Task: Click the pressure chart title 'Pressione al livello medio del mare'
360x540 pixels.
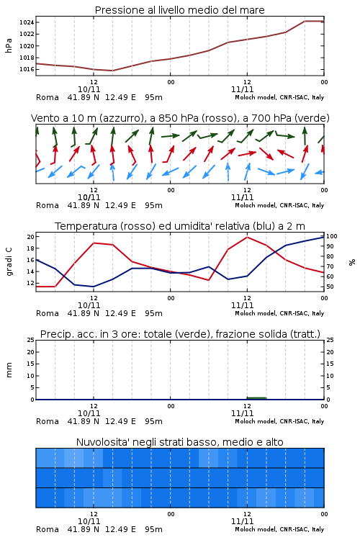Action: pyautogui.click(x=179, y=10)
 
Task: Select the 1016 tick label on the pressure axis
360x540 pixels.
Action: pyautogui.click(x=27, y=69)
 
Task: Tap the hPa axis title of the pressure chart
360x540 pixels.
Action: pyautogui.click(x=9, y=45)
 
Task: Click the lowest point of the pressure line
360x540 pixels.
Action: pyautogui.click(x=112, y=71)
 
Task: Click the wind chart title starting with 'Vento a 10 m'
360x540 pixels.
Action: pyautogui.click(x=180, y=118)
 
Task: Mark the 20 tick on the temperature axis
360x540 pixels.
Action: pyautogui.click(x=31, y=237)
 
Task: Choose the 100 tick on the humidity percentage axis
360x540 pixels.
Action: pyautogui.click(x=332, y=236)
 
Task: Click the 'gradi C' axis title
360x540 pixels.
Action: pyautogui.click(x=9, y=262)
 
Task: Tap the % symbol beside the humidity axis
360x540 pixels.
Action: pyautogui.click(x=352, y=262)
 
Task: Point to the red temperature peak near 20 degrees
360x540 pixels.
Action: pyautogui.click(x=247, y=238)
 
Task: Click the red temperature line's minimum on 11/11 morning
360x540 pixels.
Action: pyautogui.click(x=208, y=279)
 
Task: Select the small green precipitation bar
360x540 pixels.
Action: pyautogui.click(x=256, y=398)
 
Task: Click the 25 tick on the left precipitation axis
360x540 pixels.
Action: pyautogui.click(x=31, y=340)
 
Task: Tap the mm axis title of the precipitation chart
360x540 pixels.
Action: pyautogui.click(x=9, y=370)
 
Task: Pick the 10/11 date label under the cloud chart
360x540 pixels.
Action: pyautogui.click(x=89, y=521)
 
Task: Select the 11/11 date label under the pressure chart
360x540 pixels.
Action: pyautogui.click(x=242, y=89)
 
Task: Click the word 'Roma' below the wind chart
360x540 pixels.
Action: pyautogui.click(x=48, y=205)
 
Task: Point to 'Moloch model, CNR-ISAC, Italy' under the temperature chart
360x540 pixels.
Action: pyautogui.click(x=279, y=313)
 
